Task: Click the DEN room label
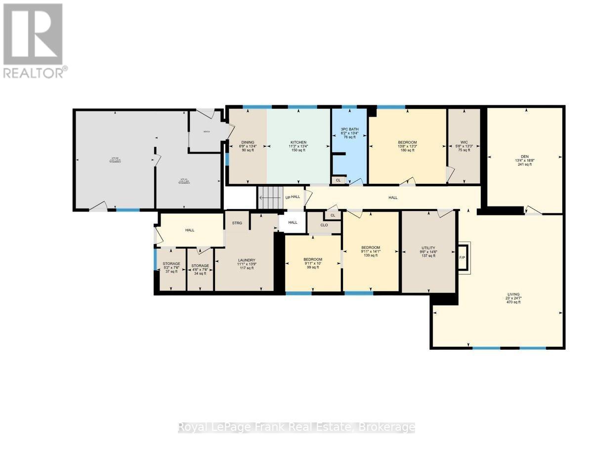click(x=524, y=156)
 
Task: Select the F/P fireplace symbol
click(x=463, y=257)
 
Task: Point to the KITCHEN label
click(x=298, y=142)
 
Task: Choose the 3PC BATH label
click(x=349, y=129)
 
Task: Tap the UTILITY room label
click(x=428, y=248)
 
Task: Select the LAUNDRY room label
click(x=247, y=260)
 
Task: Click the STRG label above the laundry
click(x=237, y=223)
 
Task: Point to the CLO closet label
click(x=324, y=225)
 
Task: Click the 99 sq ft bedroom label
click(x=313, y=259)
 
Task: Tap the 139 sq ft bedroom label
click(x=371, y=248)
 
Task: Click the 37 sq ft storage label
click(x=171, y=264)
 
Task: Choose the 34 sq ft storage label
click(x=200, y=266)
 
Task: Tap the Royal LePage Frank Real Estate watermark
click(x=296, y=427)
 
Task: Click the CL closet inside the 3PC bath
click(x=338, y=180)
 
